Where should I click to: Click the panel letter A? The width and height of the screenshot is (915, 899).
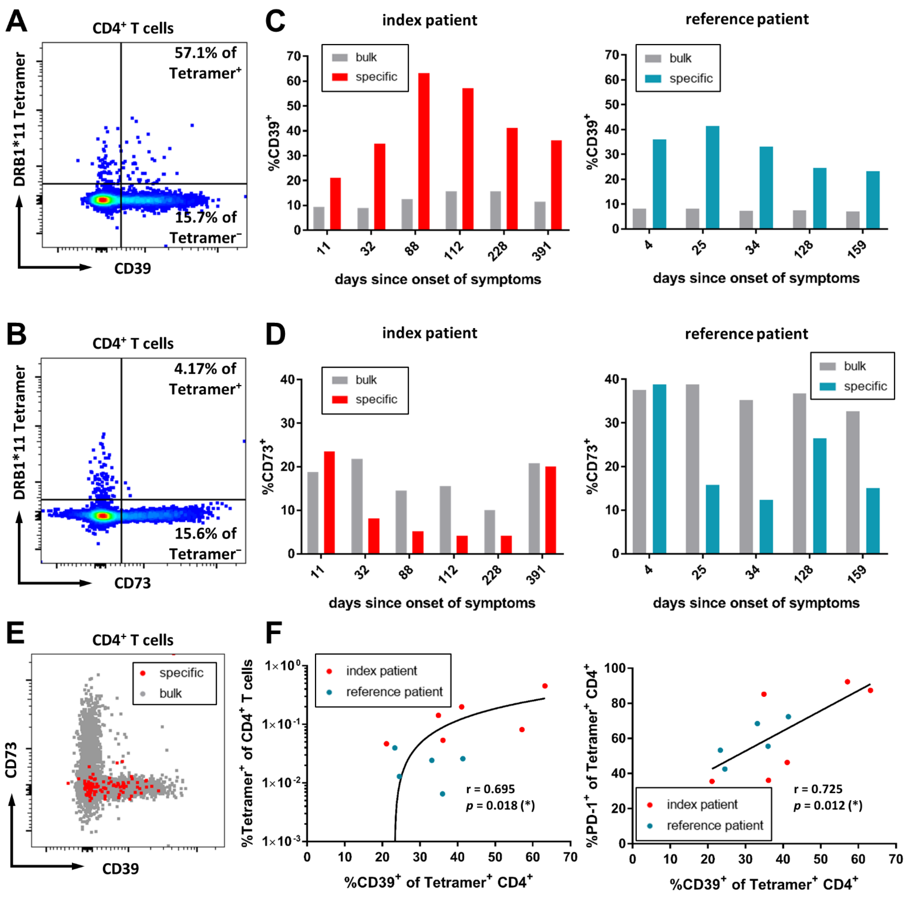click(17, 21)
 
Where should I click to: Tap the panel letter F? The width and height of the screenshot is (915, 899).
click(274, 633)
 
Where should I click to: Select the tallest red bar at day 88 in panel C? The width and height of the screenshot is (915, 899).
click(424, 151)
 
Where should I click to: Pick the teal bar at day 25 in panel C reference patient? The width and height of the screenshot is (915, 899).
click(712, 177)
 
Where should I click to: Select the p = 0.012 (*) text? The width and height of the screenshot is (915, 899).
click(827, 805)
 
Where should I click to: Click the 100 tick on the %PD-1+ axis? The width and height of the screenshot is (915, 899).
click(616, 668)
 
